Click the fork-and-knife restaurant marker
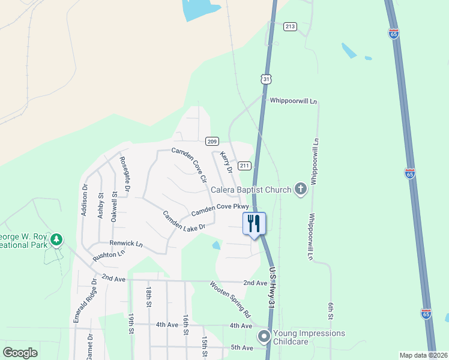tap(254, 224)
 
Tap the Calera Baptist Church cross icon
tap(301, 190)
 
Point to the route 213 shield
tap(291, 26)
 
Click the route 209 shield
tap(211, 141)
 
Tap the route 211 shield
tap(244, 165)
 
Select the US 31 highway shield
tap(267, 79)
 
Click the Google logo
tap(20, 353)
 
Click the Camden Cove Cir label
tap(190, 164)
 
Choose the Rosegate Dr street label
tap(125, 174)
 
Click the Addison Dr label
tap(85, 199)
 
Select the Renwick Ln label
tap(125, 244)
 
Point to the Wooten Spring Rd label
tap(231, 299)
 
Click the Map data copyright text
tap(423, 355)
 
